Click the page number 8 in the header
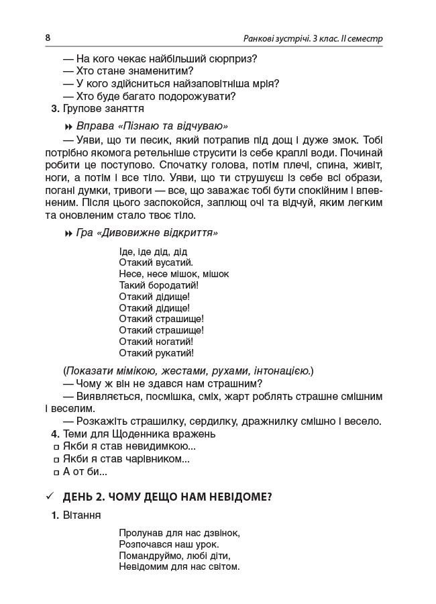pos(48,38)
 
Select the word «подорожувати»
pos(200,96)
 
